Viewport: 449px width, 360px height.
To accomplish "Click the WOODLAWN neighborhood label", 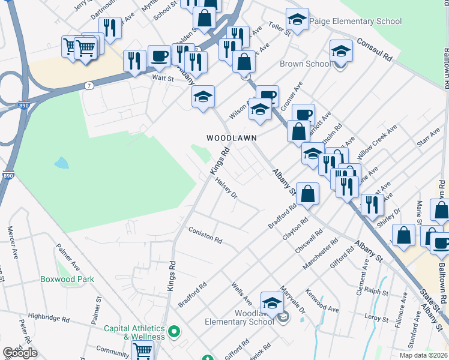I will click(232, 137).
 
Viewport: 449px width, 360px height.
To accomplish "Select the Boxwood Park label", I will click(67, 279).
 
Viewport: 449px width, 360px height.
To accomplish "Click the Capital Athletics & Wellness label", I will click(134, 332).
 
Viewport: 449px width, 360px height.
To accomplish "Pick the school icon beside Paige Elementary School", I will click(297, 20).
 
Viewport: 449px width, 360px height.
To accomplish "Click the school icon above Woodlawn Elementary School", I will click(272, 302).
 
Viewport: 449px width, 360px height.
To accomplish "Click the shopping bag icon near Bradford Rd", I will click(307, 194).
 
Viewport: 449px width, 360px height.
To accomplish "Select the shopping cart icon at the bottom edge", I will click(142, 351).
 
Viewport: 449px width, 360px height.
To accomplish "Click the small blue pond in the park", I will click(61, 163).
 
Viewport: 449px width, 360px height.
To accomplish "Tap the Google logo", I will click(20, 353).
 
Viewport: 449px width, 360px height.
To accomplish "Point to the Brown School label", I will click(304, 64).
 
